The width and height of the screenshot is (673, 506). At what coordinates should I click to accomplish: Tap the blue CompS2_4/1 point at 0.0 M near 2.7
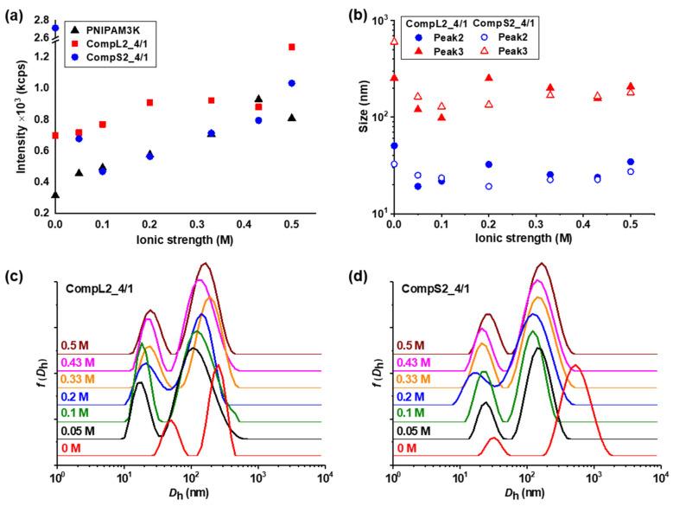tap(55, 28)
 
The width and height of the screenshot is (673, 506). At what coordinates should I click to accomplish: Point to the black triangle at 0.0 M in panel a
tap(55, 195)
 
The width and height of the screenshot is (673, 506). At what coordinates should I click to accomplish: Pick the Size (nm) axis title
tap(357, 115)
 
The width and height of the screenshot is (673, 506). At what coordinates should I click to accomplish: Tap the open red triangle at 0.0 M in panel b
tap(394, 41)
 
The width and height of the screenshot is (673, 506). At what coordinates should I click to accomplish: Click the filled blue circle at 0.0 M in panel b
tap(394, 146)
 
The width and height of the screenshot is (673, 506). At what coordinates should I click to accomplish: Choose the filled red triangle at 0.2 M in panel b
tap(489, 78)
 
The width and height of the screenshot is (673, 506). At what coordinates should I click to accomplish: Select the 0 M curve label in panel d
tap(407, 448)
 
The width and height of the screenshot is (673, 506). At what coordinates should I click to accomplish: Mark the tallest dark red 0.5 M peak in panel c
tap(204, 264)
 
